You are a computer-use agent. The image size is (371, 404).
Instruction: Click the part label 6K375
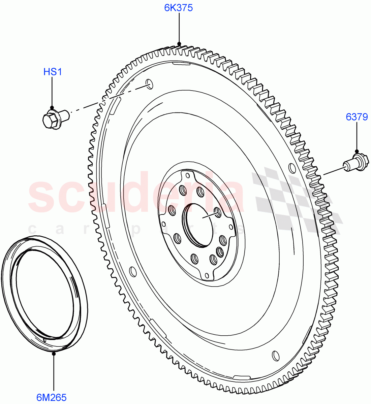pyautogui.click(x=178, y=8)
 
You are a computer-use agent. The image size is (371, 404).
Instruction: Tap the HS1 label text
pyautogui.click(x=53, y=72)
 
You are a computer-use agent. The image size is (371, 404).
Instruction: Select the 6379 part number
pyautogui.click(x=357, y=117)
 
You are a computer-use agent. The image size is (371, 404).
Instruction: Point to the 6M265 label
pyautogui.click(x=52, y=397)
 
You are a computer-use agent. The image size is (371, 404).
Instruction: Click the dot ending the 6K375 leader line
pyautogui.click(x=179, y=44)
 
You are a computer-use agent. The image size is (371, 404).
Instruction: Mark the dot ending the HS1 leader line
pyautogui.click(x=52, y=107)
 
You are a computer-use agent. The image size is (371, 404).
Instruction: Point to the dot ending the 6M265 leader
pyautogui.click(x=53, y=353)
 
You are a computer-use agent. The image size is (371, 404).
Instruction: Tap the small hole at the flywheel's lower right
pyautogui.click(x=276, y=356)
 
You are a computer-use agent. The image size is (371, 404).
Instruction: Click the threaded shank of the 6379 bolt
pyautogui.click(x=347, y=166)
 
